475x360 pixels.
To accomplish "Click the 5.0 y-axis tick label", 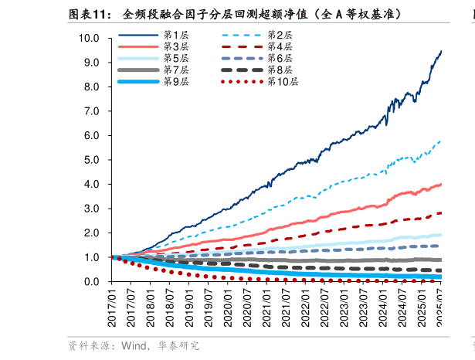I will pyautogui.click(x=92, y=160).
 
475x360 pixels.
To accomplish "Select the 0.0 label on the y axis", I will pyautogui.click(x=92, y=282).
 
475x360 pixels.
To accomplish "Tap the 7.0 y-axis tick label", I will pyautogui.click(x=92, y=111).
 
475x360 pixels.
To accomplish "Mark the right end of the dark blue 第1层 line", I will pyautogui.click(x=441, y=52).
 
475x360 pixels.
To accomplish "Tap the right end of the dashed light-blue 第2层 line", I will pyautogui.click(x=441, y=141).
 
